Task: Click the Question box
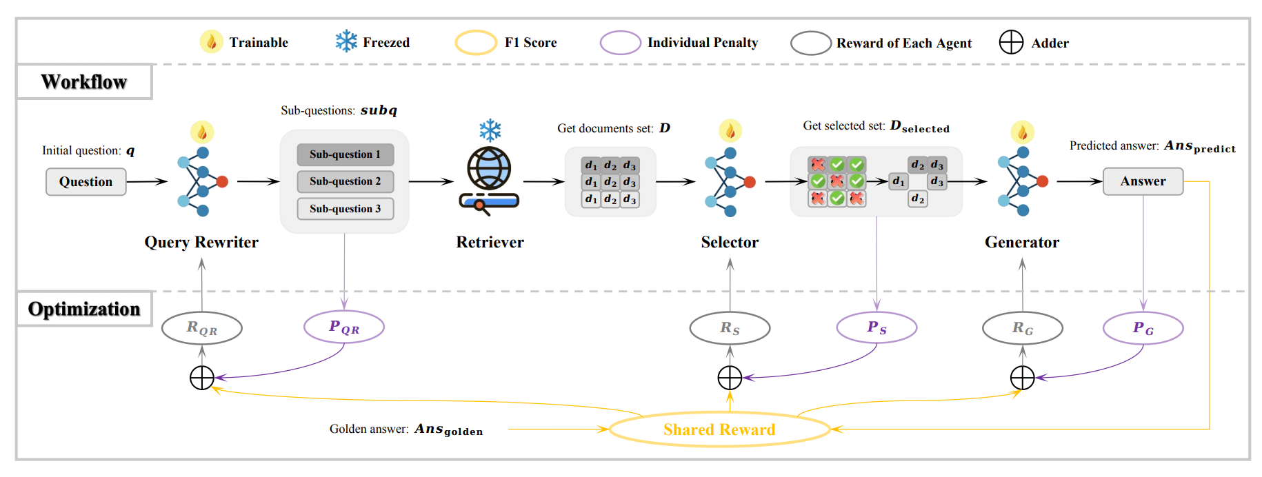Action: [86, 182]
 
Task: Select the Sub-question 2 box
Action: [345, 181]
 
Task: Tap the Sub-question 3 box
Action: [345, 209]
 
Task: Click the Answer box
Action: [1143, 181]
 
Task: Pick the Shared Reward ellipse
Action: [719, 429]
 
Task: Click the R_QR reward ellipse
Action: [201, 328]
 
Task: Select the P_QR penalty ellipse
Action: [344, 327]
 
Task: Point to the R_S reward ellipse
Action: [730, 328]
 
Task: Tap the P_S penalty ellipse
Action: [877, 327]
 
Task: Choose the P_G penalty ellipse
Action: [1143, 328]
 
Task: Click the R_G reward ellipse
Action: [1022, 328]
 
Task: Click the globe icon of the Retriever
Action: [489, 168]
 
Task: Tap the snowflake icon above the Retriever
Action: [490, 130]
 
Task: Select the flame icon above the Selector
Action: [730, 130]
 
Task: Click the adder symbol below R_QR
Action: [202, 378]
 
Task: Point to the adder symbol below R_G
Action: [1022, 378]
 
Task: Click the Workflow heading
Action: [84, 82]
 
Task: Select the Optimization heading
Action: [84, 309]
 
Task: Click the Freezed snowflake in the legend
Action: [346, 41]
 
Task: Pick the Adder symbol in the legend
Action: [1011, 42]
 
